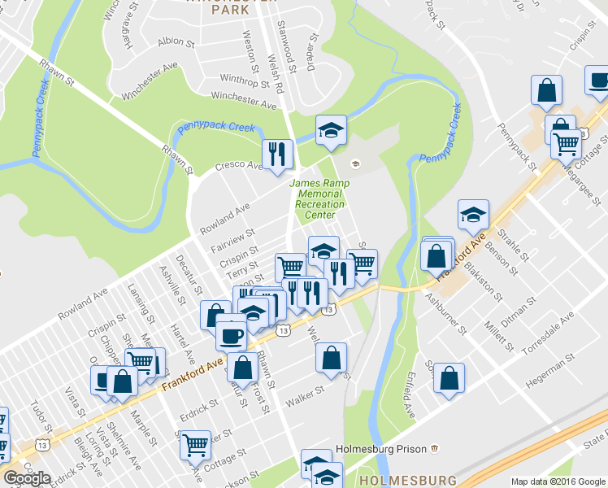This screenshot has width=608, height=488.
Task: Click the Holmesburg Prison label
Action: point(382,448)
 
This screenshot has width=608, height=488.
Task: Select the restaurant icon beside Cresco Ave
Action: point(276,153)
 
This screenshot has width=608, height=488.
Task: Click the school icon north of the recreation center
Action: point(330,131)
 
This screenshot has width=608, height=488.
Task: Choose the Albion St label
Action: point(172,41)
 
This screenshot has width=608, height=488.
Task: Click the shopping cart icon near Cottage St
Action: point(195,445)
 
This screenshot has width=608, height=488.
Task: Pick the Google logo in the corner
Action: point(27,478)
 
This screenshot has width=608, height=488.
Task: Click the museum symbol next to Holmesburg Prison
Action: point(435,448)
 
